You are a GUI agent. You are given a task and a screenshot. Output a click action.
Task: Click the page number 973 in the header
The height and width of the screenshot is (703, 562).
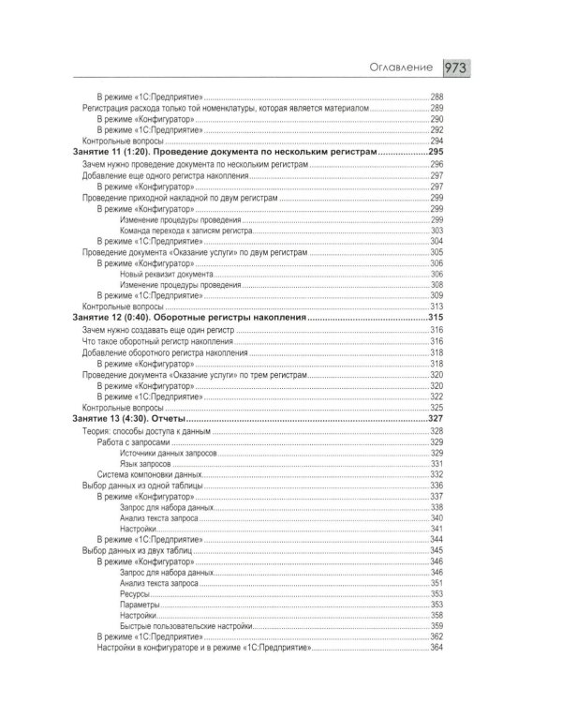[457, 68]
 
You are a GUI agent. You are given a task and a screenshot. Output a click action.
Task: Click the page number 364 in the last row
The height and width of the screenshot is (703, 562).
[436, 648]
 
